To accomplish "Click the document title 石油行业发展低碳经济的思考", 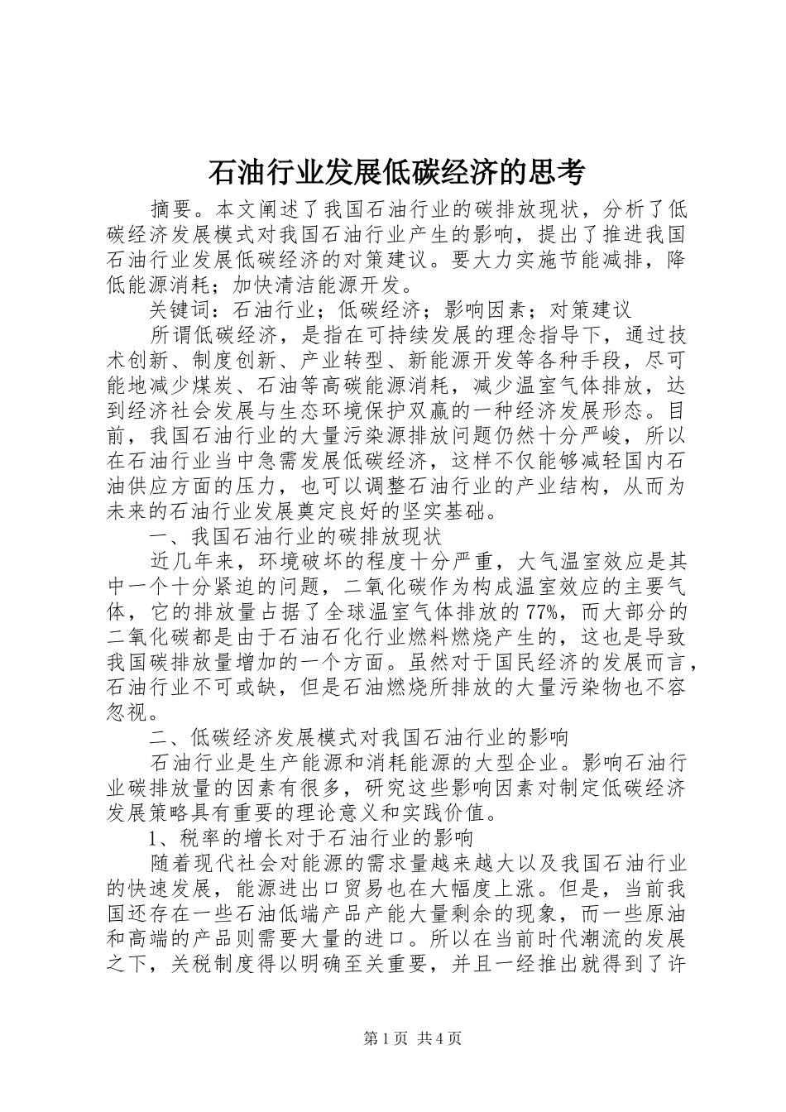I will (x=394, y=172).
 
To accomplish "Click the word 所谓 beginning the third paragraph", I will (x=171, y=336).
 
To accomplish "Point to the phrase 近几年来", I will (x=192, y=562).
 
